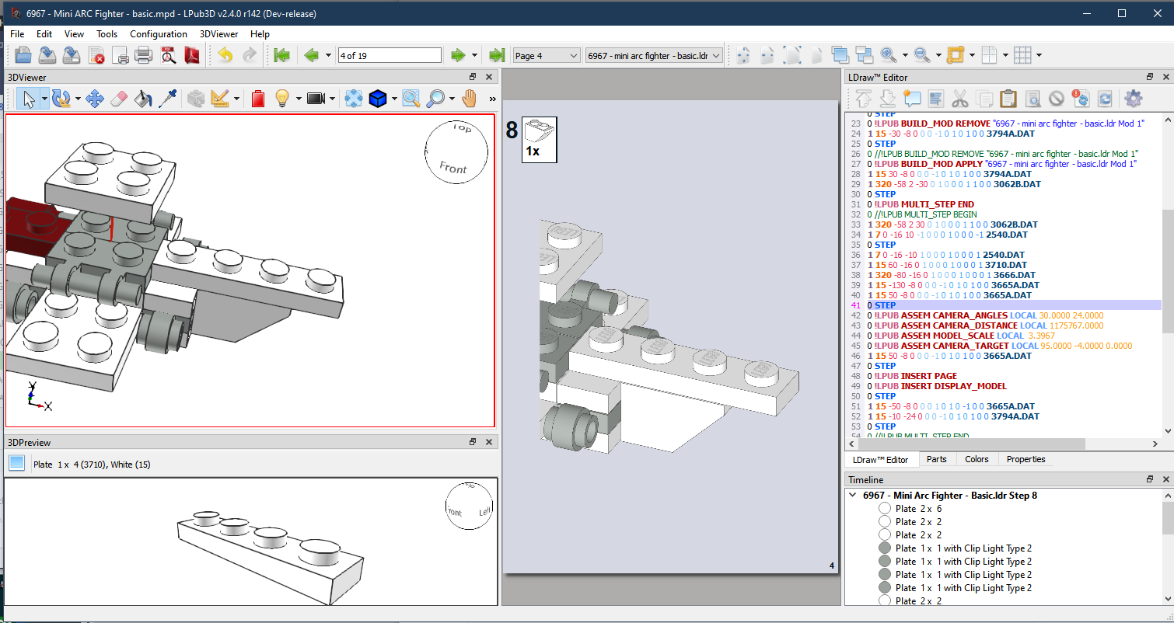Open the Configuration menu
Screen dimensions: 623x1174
[158, 34]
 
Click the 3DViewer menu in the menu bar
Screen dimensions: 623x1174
[220, 34]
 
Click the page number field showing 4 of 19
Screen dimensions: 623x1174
[390, 55]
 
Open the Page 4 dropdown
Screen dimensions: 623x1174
[547, 55]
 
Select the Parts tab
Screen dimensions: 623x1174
[936, 459]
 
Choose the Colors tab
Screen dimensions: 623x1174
[977, 459]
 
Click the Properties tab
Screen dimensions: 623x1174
[1026, 459]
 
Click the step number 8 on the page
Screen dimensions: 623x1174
[512, 131]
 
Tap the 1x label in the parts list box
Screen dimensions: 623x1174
[533, 151]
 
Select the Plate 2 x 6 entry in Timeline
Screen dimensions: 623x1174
[918, 509]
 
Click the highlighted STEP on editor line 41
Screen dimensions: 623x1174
[885, 305]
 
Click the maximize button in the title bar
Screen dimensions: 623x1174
[1121, 13]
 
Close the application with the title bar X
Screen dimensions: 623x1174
[1156, 13]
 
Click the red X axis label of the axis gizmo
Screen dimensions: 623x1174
[48, 406]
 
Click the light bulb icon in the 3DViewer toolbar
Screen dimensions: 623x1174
[281, 99]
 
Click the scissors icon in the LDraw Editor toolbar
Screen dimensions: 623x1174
[959, 99]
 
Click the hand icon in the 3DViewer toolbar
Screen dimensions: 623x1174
[469, 99]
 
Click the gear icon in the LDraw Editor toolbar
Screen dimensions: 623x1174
[1133, 99]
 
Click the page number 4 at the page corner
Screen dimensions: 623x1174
[832, 566]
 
